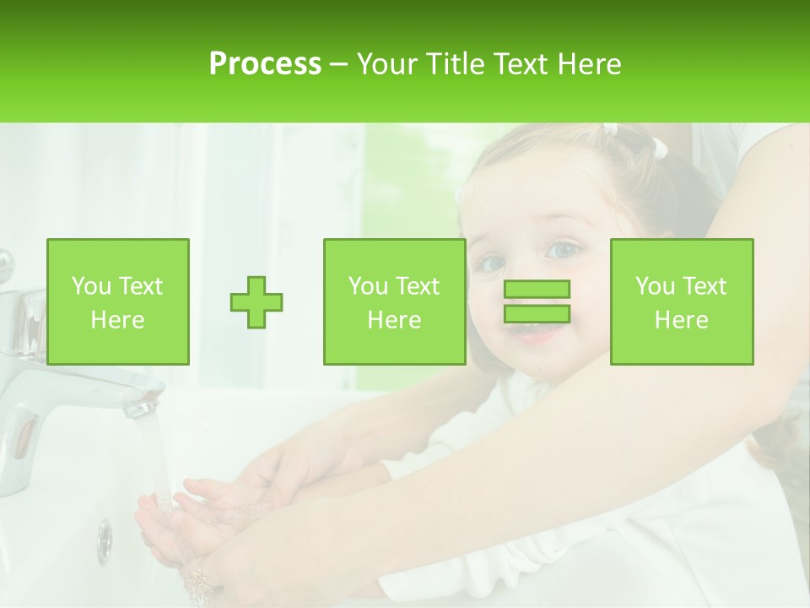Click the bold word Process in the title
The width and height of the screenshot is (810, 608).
click(265, 64)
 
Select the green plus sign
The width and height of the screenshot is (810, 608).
click(256, 301)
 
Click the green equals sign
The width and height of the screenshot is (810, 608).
click(537, 301)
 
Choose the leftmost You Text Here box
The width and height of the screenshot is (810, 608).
click(118, 301)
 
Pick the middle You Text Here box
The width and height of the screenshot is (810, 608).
click(395, 301)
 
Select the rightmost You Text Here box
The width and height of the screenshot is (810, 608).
click(682, 301)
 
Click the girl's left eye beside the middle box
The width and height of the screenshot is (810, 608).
click(489, 263)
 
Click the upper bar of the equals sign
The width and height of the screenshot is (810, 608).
click(537, 289)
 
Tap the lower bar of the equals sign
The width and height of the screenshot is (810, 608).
click(537, 313)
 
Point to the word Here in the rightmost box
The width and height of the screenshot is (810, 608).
click(682, 319)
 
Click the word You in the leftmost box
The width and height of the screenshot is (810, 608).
click(91, 286)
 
